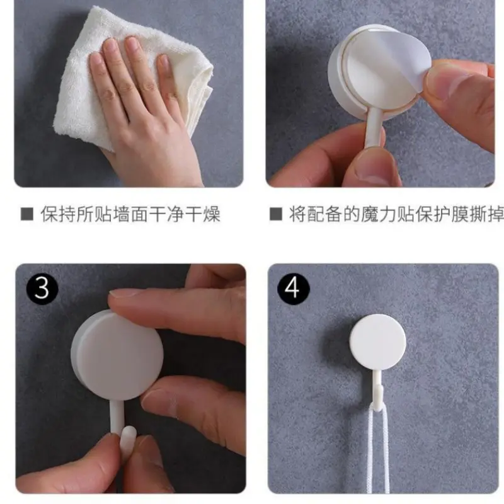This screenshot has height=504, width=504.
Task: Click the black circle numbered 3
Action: pos(42,289)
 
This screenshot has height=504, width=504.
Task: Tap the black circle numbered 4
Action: pos(293,289)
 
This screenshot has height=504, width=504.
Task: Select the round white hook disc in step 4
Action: pos(378,342)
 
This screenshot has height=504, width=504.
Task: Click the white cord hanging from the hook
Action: pos(379,450)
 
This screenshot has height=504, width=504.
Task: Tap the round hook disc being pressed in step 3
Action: pos(117,355)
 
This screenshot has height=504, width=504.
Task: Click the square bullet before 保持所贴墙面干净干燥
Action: pos(27,214)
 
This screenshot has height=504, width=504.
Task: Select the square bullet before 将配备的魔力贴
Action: pos(276,214)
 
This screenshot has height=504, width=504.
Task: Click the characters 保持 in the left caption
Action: pos(58,214)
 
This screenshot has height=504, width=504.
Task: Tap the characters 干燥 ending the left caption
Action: pos(202,214)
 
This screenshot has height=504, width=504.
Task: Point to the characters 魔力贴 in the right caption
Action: pos(387,214)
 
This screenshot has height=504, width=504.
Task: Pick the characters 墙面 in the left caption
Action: pos(130,214)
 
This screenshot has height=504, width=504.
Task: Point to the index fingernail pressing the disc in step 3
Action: pos(120,292)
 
